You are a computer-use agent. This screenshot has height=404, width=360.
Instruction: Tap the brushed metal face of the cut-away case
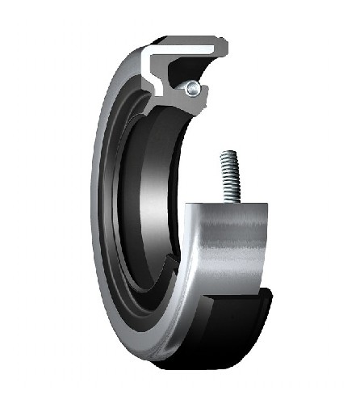pyautogui.click(x=226, y=242)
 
